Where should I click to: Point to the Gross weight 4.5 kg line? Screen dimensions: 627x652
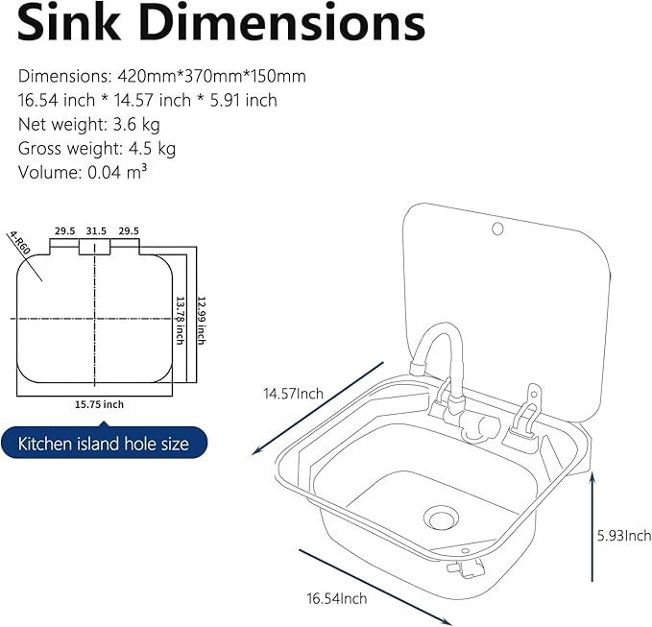point(96,148)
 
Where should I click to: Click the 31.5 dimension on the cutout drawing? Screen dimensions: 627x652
point(95,231)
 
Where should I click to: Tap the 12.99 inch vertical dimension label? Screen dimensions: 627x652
point(201,312)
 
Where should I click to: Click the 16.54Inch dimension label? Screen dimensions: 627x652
point(337,598)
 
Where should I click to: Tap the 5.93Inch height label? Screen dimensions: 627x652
point(624,535)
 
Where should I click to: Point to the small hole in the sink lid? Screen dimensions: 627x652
point(496,229)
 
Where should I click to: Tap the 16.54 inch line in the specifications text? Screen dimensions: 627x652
point(147,100)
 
